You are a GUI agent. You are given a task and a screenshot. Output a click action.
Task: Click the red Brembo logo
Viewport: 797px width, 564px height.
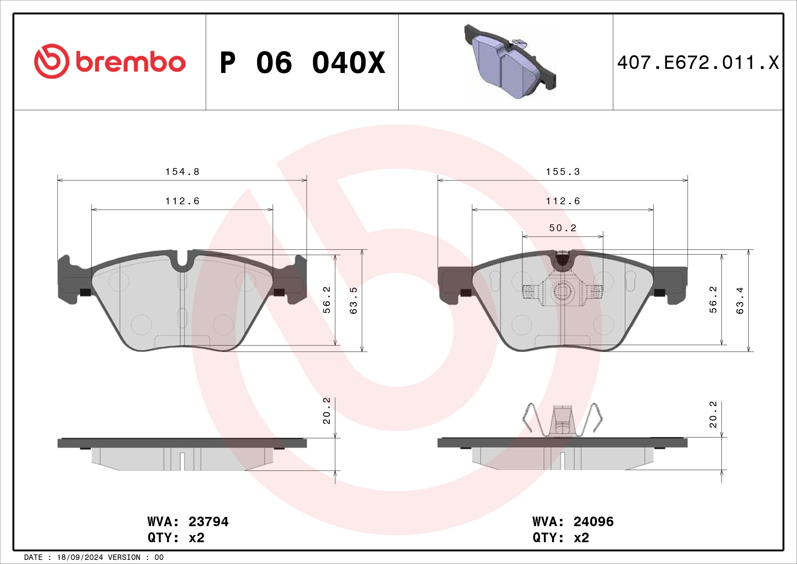[x=110, y=61]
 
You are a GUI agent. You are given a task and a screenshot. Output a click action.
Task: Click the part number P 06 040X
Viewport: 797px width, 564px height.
[x=302, y=63]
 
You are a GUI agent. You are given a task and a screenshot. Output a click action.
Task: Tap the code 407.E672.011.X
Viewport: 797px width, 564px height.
[x=698, y=63]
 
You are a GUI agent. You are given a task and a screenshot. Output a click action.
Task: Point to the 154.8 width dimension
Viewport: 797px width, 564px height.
[x=182, y=172]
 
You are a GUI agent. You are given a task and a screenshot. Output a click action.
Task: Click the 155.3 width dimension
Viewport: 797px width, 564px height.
[x=563, y=172]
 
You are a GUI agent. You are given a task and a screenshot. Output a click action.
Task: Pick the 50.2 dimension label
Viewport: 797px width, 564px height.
[x=563, y=228]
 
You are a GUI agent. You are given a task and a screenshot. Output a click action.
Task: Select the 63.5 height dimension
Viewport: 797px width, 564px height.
[x=353, y=301]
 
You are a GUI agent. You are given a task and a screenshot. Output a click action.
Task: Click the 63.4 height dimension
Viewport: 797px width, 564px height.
[x=740, y=301]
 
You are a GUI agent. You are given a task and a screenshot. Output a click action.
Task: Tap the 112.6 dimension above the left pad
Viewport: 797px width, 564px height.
[x=182, y=201]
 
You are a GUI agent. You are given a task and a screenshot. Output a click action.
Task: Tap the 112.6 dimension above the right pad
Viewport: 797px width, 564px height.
[x=563, y=201]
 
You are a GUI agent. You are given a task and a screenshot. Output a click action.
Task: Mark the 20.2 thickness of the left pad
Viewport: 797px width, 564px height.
[x=327, y=411]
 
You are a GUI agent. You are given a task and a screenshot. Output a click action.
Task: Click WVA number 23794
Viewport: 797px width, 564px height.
[x=208, y=522]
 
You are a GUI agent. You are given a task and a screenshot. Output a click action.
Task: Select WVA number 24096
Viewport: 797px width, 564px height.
[x=593, y=522]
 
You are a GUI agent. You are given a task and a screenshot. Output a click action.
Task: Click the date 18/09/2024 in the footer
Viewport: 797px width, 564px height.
[x=80, y=558]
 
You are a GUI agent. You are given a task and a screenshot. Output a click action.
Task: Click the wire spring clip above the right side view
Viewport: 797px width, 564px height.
[x=562, y=420]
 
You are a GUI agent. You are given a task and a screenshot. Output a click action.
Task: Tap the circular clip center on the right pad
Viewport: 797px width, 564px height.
[x=562, y=292]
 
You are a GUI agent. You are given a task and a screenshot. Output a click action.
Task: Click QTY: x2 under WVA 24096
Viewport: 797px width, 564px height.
[x=561, y=538]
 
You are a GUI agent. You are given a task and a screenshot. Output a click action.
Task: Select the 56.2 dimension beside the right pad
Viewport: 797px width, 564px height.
[x=712, y=299]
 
